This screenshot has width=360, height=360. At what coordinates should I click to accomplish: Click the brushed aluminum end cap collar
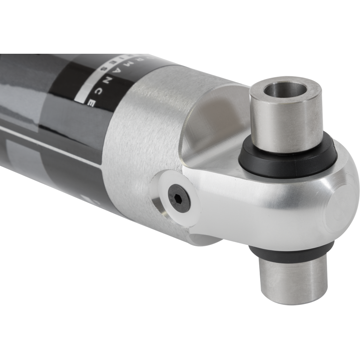(x=136, y=136)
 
